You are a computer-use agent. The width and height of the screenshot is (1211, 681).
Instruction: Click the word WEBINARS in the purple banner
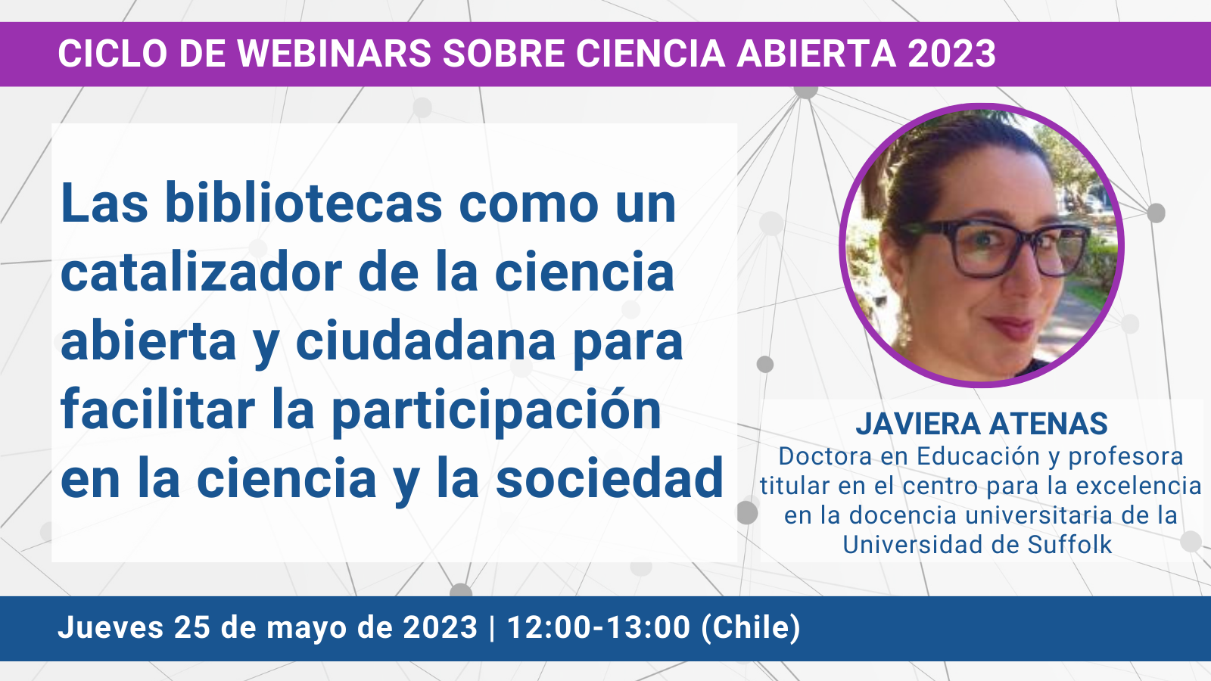coord(334,54)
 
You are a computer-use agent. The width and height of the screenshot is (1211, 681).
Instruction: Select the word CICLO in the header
coord(113,54)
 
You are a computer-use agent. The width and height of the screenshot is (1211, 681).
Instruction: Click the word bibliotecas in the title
coord(304,204)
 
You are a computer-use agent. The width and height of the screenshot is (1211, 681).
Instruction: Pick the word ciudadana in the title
coord(425,340)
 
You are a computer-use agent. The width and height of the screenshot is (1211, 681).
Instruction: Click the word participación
coord(497,411)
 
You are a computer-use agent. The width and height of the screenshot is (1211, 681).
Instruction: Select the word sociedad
coord(609,477)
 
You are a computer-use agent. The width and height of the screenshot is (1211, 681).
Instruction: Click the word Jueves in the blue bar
coord(111,628)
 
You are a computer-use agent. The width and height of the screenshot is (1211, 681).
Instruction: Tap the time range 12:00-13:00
coord(599,628)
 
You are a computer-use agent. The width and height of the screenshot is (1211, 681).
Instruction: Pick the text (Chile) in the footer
coord(750,628)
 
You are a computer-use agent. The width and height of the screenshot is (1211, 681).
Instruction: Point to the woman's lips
coord(1012,327)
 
